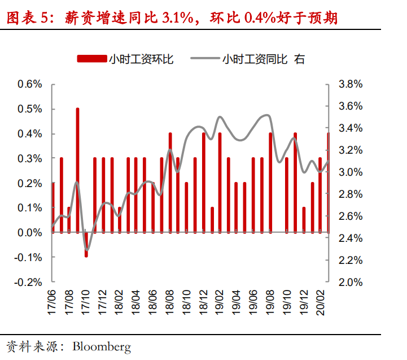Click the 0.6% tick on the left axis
click(30, 84)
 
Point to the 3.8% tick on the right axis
click(350, 84)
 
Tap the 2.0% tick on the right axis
click(350, 282)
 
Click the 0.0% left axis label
click(30, 232)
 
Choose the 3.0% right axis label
click(350, 172)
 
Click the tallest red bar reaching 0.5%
click(77, 170)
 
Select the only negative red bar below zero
click(86, 245)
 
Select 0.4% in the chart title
click(261, 19)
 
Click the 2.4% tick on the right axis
click(350, 238)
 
